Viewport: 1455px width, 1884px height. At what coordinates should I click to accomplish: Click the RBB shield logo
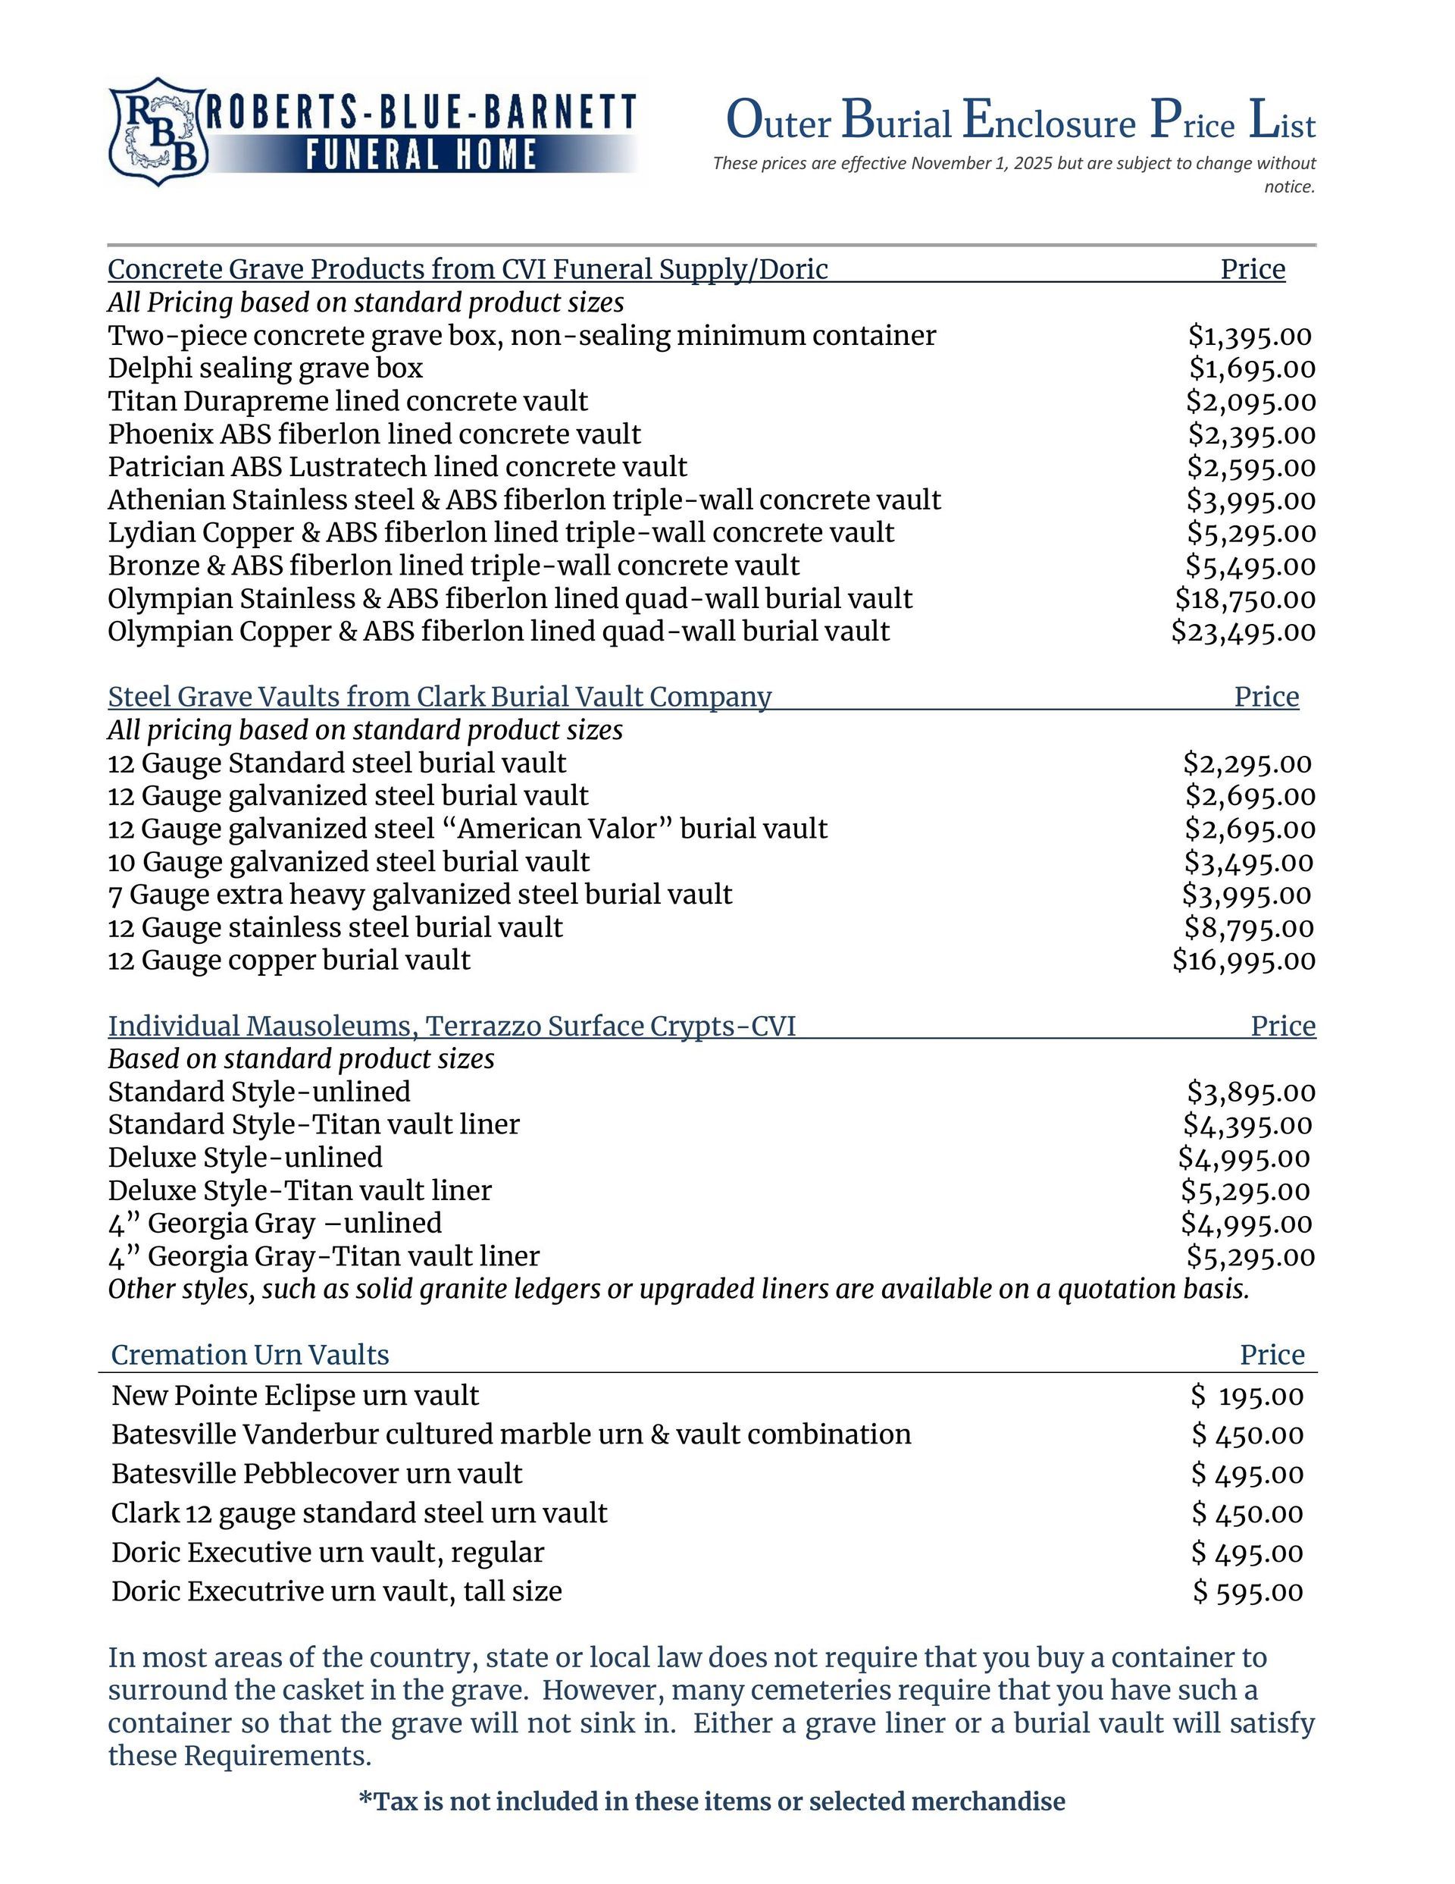click(x=157, y=131)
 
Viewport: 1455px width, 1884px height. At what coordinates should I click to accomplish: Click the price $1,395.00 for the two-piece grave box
click(x=1249, y=336)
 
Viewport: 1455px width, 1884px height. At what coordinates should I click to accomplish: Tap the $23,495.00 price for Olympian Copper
click(x=1243, y=632)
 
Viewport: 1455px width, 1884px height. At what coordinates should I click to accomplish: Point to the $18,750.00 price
click(x=1244, y=599)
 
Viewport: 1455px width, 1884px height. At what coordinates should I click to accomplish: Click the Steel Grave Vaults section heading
click(x=439, y=696)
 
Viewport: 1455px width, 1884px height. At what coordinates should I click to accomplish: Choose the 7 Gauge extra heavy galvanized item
click(x=420, y=895)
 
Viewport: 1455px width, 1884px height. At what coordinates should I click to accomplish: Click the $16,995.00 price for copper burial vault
click(x=1244, y=960)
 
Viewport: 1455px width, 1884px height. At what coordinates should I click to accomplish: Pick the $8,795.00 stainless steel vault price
click(x=1249, y=927)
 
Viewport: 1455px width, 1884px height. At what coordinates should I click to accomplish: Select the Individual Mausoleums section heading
click(x=451, y=1026)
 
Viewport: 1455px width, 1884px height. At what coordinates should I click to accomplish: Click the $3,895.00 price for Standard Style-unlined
click(x=1250, y=1092)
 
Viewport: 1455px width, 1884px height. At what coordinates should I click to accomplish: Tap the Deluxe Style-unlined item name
click(x=245, y=1158)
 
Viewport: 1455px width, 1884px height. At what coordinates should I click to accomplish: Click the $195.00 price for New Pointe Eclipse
click(x=1247, y=1396)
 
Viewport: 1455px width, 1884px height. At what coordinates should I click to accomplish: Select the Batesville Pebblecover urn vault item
click(x=317, y=1473)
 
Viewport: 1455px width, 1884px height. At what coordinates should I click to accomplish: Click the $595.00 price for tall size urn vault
click(x=1247, y=1591)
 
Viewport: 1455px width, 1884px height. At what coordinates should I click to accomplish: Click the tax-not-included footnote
click(x=712, y=1801)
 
